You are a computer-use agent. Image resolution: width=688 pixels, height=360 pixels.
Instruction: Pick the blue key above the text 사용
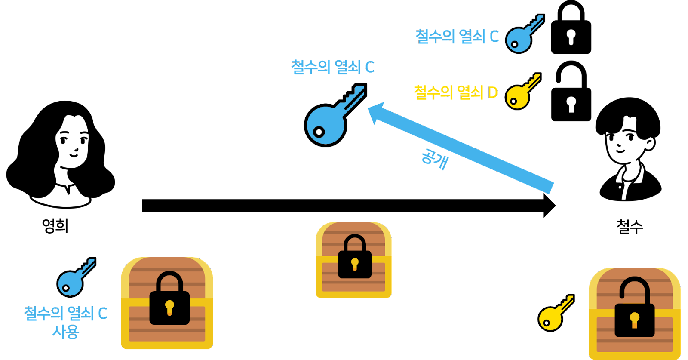click(x=76, y=277)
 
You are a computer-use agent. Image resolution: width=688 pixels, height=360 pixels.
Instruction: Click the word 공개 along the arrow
click(x=434, y=159)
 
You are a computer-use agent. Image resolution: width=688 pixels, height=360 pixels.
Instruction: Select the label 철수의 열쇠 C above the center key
click(x=333, y=67)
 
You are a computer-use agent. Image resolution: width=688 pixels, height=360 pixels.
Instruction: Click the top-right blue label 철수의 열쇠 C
click(x=457, y=36)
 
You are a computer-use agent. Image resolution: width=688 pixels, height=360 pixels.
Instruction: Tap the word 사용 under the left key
click(x=66, y=332)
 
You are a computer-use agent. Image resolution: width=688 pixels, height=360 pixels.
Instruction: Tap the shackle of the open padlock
click(x=634, y=287)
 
